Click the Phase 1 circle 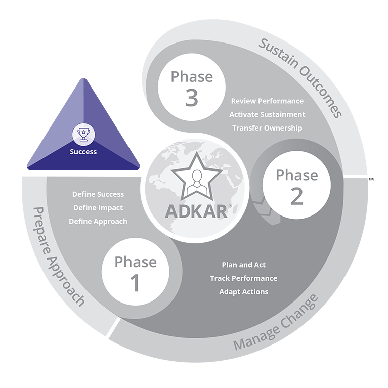[135, 273]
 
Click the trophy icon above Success [83, 134]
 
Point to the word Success [83, 151]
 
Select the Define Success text [98, 194]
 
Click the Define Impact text [98, 207]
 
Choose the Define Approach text [98, 221]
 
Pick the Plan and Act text [243, 265]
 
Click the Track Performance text [243, 278]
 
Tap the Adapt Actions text [243, 291]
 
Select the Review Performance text [267, 101]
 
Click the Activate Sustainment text [267, 114]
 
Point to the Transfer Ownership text [267, 128]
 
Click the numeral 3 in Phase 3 [191, 98]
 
